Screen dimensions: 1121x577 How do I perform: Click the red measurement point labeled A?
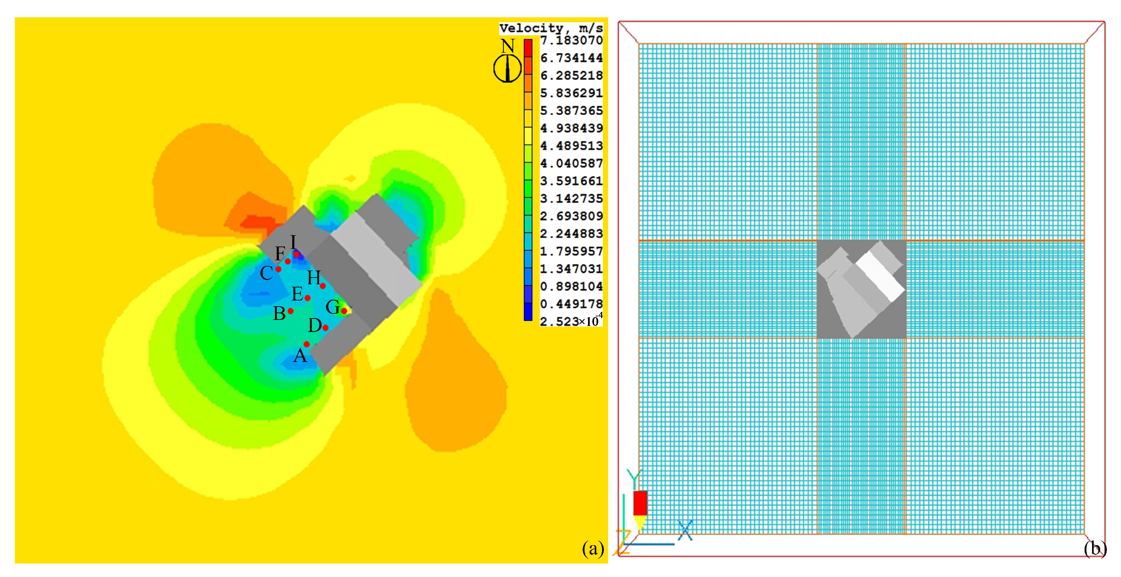(x=306, y=344)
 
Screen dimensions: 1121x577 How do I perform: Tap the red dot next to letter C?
(x=278, y=269)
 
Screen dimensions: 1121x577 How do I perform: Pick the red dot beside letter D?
(x=325, y=327)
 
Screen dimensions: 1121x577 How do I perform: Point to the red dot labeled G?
(x=344, y=311)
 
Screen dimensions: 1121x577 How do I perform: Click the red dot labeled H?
(x=323, y=286)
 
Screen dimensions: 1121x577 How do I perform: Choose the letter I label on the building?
(x=293, y=241)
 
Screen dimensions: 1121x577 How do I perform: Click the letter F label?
(x=280, y=253)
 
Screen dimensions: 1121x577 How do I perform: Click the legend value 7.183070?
(x=571, y=41)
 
